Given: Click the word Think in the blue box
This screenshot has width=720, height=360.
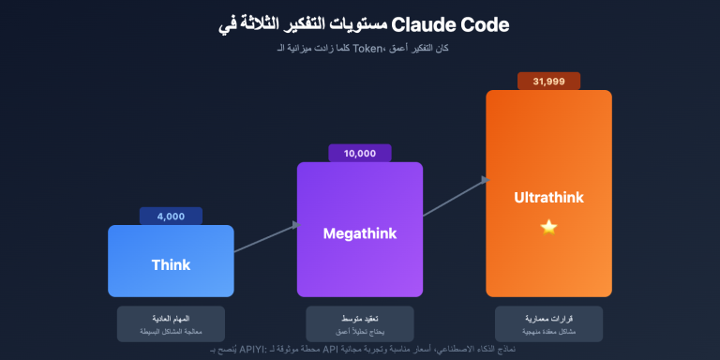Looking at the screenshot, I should click(171, 264).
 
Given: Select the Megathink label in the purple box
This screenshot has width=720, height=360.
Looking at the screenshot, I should click(360, 232).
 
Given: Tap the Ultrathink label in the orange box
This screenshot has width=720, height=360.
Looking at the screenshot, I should click(548, 197).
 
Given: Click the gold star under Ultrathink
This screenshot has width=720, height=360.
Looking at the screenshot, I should click(548, 227).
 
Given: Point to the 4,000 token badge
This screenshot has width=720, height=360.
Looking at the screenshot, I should click(171, 216).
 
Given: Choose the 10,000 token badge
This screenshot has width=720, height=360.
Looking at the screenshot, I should click(360, 153).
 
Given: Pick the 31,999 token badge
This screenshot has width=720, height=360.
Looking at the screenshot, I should click(548, 82).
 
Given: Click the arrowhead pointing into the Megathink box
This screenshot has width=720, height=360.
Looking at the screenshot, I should click(294, 224).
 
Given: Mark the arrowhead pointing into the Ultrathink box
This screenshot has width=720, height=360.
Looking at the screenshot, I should click(484, 179).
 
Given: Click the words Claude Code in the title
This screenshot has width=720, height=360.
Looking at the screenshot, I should click(454, 25).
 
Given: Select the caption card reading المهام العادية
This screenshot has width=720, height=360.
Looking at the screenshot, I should click(171, 323).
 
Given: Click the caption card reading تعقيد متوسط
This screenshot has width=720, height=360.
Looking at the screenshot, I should click(360, 323).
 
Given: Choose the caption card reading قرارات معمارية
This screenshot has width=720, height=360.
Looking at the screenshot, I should click(548, 323).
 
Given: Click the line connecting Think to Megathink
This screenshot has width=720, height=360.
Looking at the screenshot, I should click(263, 238).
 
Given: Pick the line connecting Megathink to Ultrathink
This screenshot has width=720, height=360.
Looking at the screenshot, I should click(453, 198).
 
